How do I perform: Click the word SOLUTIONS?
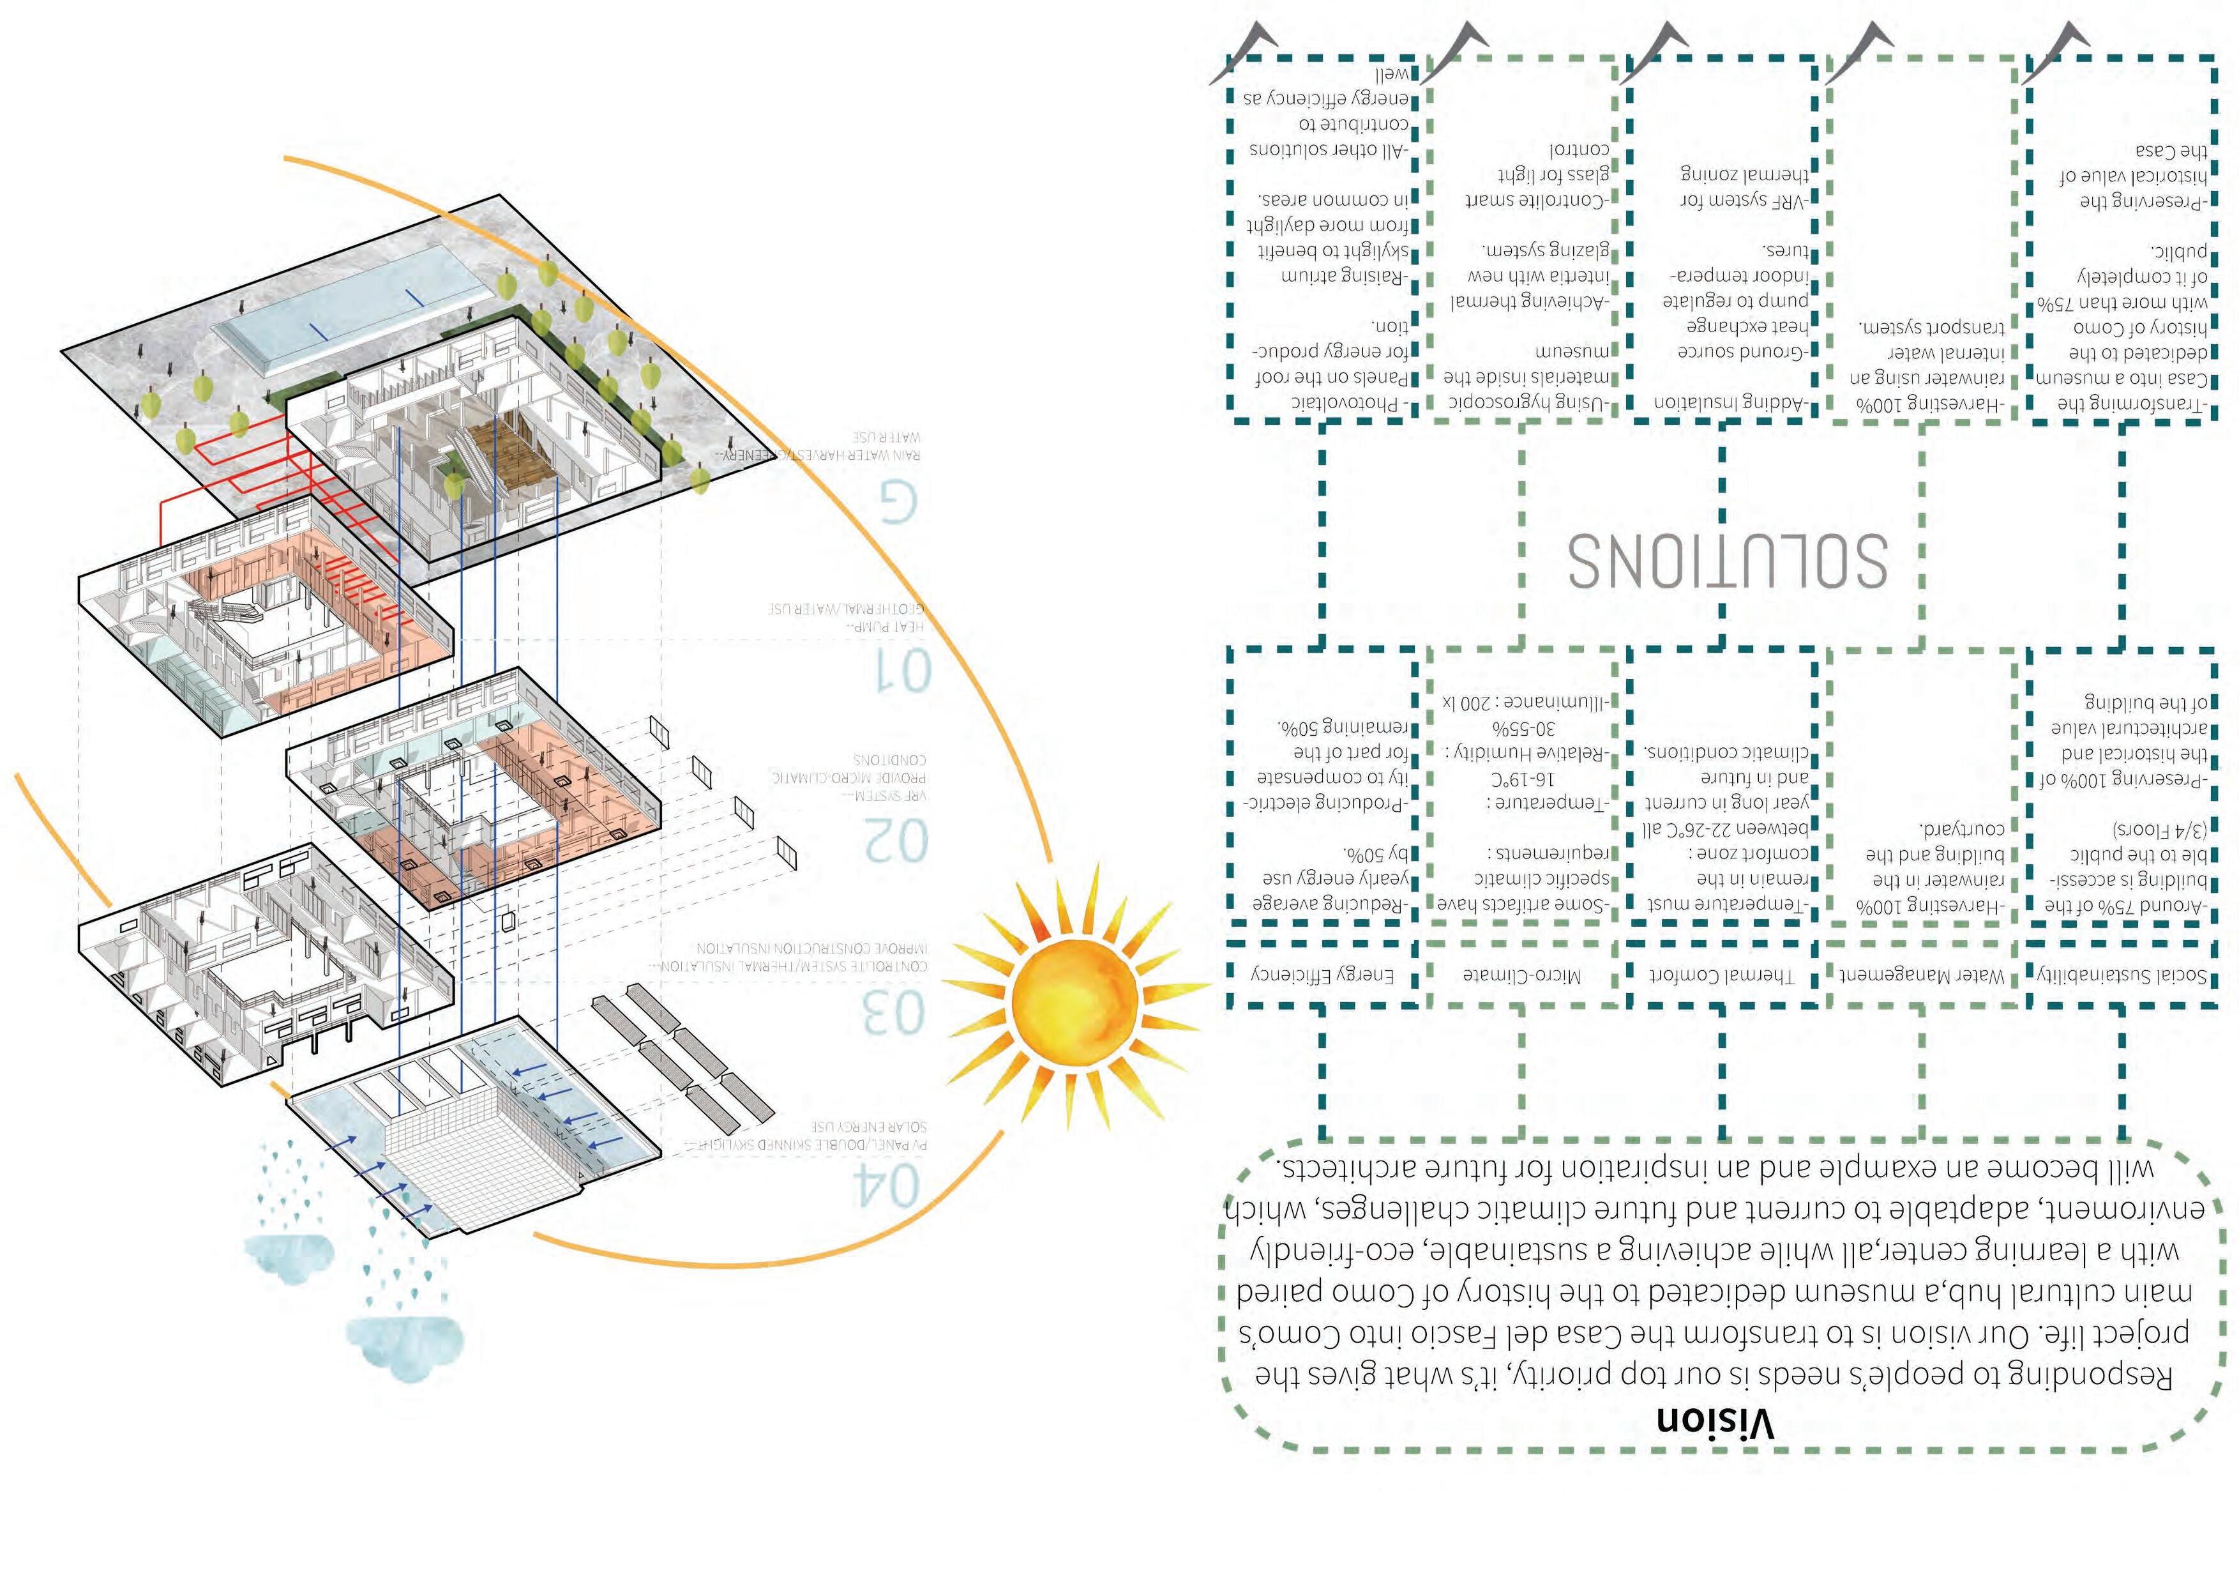pyautogui.click(x=1726, y=560)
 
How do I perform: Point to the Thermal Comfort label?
pyautogui.click(x=1721, y=975)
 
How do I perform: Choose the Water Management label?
pyautogui.click(x=1921, y=975)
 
